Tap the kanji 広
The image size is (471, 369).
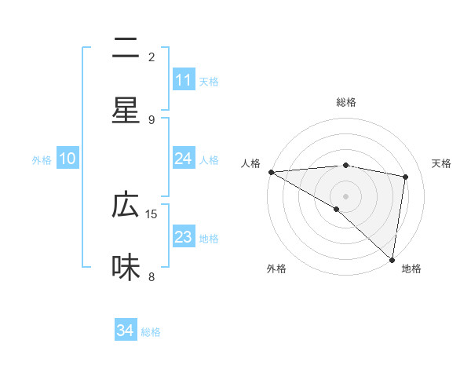click(126, 206)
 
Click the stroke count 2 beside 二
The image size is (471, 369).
click(152, 57)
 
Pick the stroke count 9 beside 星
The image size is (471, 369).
click(152, 119)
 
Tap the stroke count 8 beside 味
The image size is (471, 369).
click(152, 276)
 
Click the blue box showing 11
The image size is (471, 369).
click(184, 80)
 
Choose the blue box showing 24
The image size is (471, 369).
click(184, 159)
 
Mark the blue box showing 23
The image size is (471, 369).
click(184, 237)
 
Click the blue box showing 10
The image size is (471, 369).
click(68, 159)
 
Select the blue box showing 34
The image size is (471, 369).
click(125, 331)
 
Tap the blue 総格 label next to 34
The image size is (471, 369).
click(151, 332)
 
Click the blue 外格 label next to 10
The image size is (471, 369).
click(42, 160)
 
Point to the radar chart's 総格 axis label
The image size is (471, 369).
click(345, 102)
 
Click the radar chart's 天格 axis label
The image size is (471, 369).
click(441, 163)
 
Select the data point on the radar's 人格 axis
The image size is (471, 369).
click(270, 172)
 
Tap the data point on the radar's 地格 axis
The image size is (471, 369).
click(392, 259)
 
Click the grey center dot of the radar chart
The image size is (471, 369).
click(345, 195)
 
